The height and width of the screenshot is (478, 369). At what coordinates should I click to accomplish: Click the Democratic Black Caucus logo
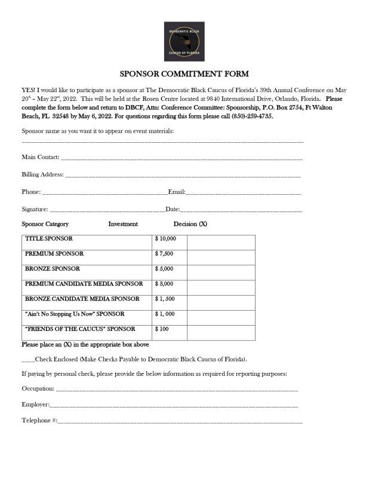click(184, 41)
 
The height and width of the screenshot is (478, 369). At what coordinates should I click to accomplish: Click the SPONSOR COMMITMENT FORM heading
click(184, 75)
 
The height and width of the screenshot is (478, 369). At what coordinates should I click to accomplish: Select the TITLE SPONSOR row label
click(49, 238)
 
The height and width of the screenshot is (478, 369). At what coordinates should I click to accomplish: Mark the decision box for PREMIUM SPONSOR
click(221, 254)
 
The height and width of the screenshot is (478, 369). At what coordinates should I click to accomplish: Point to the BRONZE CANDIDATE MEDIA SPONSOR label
click(82, 299)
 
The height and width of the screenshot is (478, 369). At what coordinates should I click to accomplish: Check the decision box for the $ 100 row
click(221, 329)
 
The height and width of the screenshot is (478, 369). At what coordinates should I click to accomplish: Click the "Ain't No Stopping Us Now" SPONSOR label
click(75, 314)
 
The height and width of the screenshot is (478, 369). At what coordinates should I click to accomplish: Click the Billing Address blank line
click(183, 176)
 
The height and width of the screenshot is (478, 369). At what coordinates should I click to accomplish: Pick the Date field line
click(241, 210)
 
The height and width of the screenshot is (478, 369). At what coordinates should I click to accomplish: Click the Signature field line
click(106, 210)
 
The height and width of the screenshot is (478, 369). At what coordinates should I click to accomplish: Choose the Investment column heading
click(123, 224)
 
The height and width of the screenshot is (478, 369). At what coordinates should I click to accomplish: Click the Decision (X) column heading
click(190, 224)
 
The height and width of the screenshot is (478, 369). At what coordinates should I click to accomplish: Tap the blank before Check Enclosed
click(28, 360)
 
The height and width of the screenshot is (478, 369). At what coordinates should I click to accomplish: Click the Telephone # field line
click(180, 421)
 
